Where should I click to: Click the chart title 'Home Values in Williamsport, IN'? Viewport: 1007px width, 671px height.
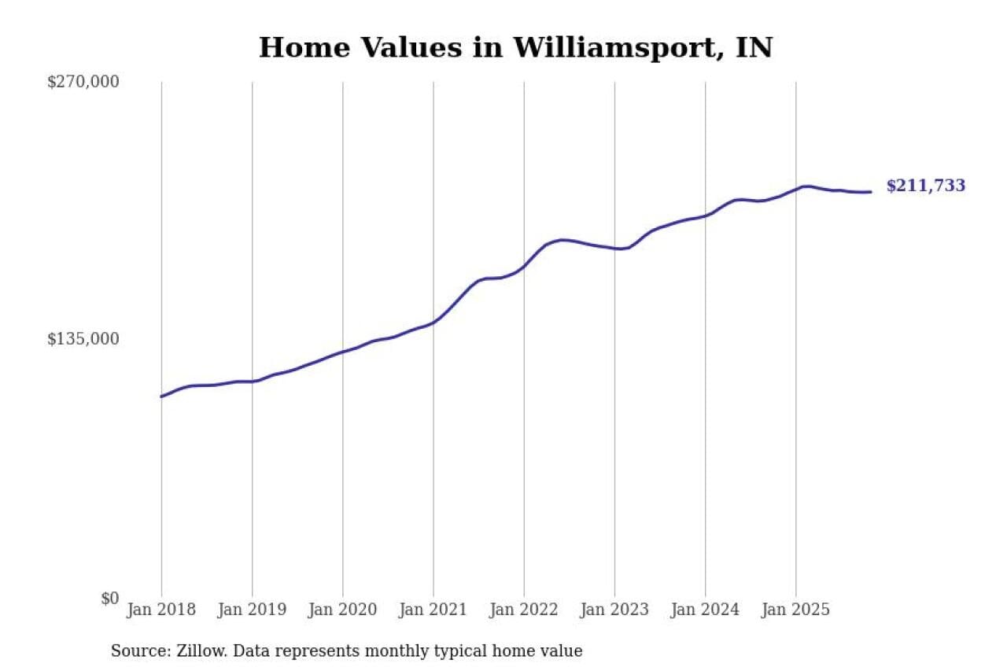515,48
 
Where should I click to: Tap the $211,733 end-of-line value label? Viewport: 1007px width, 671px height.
925,186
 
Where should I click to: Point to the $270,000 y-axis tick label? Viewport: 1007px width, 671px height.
83,81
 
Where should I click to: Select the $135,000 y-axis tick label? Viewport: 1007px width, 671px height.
83,339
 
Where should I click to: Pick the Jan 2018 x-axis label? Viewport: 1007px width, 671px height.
161,610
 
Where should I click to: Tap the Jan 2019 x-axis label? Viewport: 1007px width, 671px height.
252,610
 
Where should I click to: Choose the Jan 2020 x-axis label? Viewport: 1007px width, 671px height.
342,610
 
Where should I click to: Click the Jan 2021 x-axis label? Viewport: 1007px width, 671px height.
433,610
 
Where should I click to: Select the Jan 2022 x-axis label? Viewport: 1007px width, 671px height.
524,610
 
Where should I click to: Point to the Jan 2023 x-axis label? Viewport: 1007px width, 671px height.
614,610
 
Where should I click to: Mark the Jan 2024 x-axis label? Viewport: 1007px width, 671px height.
705,610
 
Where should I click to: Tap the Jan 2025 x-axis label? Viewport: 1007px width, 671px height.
795,610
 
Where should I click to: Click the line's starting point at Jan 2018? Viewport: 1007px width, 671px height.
161,396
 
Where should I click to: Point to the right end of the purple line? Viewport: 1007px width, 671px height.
870,192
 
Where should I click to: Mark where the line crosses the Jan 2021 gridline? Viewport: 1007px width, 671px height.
433,322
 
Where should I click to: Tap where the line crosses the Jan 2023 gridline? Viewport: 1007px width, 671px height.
614,249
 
